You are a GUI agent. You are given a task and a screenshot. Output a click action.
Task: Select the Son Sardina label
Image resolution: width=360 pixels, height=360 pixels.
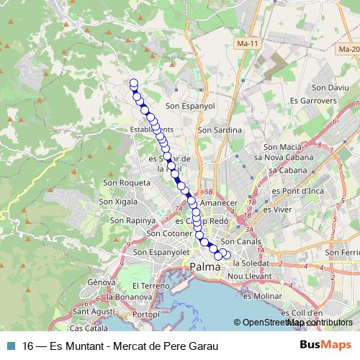tap(219, 131)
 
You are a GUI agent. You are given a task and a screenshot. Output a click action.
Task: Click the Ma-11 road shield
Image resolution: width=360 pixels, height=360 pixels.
tap(248, 44)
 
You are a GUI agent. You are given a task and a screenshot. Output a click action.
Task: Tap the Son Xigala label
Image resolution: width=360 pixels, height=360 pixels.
tap(123, 203)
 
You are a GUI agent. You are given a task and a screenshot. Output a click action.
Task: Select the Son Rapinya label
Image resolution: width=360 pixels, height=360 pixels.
tap(130, 220)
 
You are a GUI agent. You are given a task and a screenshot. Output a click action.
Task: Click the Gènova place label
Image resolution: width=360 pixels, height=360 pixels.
tap(102, 282)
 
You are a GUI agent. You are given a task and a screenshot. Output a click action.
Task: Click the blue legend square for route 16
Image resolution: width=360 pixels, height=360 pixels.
tap(9, 346)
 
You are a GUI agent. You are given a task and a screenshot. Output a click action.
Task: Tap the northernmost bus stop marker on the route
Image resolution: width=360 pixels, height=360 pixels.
tap(133, 83)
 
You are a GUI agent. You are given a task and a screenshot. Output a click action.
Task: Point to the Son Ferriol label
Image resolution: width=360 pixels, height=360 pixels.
tap(342, 253)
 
